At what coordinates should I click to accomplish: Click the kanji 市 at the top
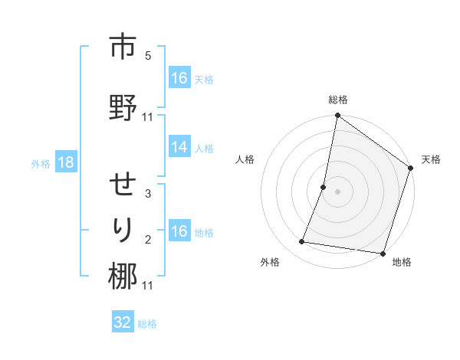point(123,47)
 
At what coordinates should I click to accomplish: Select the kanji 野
point(123,108)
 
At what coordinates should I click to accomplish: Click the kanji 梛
point(123,277)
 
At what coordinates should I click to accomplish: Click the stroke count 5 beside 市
point(148,56)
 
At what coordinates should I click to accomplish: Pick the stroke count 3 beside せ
point(148,194)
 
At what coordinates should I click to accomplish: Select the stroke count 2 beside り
point(148,240)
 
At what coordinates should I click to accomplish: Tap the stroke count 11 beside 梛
point(148,286)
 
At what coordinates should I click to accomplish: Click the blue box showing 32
point(123,322)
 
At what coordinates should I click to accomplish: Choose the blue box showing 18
point(65,162)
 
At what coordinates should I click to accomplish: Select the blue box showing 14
point(179,148)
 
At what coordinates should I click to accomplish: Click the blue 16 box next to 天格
point(179,78)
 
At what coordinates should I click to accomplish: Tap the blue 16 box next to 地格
point(179,231)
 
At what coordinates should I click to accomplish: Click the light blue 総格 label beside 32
point(147,324)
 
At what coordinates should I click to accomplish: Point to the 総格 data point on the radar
point(337,116)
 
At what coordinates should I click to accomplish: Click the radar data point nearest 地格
point(383,254)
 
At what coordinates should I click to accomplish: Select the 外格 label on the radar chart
point(270,262)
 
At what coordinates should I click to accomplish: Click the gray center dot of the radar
point(337,191)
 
